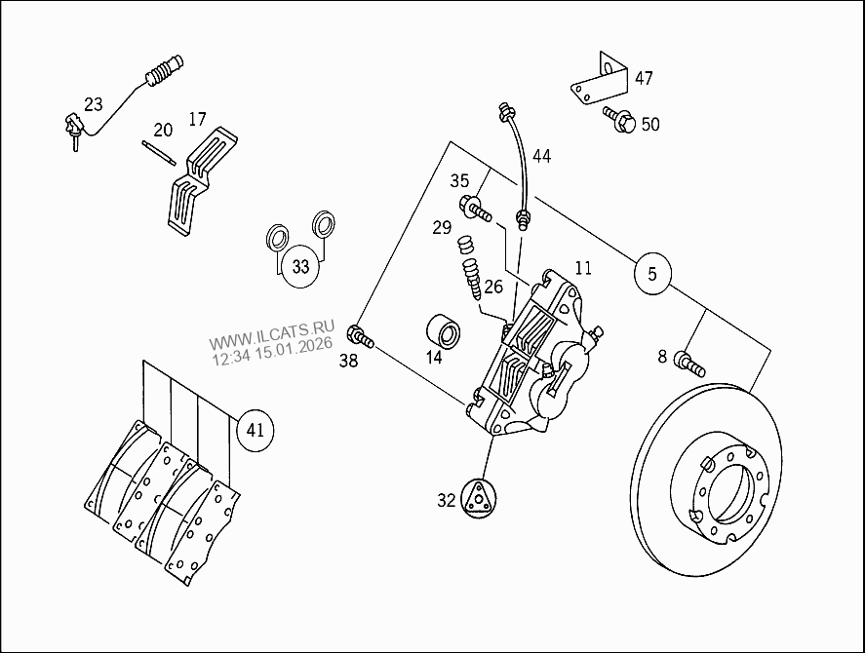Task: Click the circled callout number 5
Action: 652,275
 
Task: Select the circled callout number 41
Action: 255,429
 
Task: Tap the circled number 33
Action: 301,267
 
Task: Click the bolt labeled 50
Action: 620,121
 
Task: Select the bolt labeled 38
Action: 362,338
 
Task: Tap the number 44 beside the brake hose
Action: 541,156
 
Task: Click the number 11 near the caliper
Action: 583,268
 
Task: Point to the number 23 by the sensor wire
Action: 93,103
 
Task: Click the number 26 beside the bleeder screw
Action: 493,287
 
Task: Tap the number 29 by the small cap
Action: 442,227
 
